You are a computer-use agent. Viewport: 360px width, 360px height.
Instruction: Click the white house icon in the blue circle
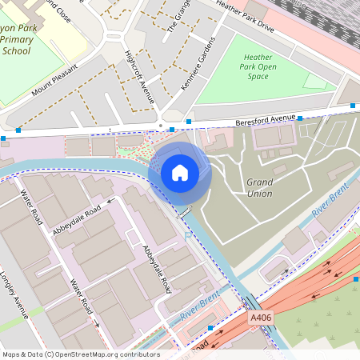180,173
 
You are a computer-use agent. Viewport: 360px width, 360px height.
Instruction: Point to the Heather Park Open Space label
258,66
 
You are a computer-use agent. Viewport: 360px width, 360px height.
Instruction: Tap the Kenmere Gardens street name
199,64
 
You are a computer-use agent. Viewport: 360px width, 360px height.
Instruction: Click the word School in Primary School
16,51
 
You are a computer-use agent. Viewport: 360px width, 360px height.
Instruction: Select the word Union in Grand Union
259,194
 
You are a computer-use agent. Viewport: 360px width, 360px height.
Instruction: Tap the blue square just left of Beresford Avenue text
189,122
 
